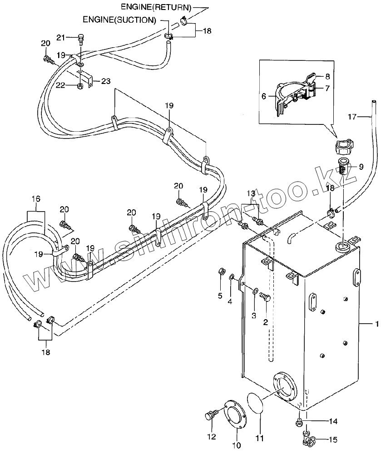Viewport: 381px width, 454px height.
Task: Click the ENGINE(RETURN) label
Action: tap(156, 8)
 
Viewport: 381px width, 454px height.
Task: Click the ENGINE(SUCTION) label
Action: tap(119, 20)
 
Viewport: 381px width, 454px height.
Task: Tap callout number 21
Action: tap(61, 37)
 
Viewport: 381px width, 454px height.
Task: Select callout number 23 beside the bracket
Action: tap(106, 81)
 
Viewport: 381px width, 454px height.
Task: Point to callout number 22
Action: tap(60, 85)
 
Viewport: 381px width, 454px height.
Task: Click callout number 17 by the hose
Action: tap(352, 117)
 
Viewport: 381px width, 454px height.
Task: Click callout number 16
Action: tap(36, 199)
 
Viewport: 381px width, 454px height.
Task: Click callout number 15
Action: tap(333, 440)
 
